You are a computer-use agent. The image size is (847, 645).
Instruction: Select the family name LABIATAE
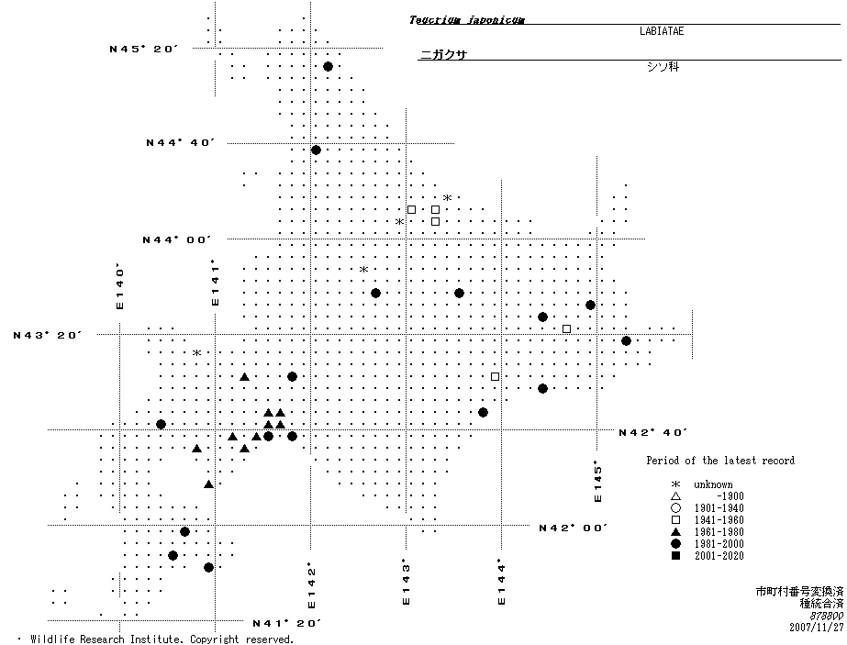point(661,30)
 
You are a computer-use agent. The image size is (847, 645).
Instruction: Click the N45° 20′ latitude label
point(143,49)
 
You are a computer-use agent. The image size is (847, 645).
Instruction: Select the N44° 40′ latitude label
point(180,142)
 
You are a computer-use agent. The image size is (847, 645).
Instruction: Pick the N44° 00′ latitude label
point(176,239)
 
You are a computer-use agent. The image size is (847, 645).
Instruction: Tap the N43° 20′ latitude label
point(48,335)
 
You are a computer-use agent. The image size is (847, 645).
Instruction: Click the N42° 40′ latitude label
point(652,432)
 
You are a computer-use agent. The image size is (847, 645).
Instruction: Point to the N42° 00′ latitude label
point(574,528)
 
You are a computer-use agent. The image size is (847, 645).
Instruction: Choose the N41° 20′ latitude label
point(286,623)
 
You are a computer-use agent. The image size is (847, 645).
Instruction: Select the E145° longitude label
point(598,481)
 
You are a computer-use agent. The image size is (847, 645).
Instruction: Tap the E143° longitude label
point(405,582)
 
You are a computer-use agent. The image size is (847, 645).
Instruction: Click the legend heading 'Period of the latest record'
point(720,461)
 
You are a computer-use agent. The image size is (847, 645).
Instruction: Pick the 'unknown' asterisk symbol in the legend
point(675,485)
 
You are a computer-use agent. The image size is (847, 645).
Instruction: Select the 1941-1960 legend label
point(719,520)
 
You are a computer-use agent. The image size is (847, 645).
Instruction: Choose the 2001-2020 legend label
point(719,556)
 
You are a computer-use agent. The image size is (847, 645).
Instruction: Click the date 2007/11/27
point(816,628)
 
